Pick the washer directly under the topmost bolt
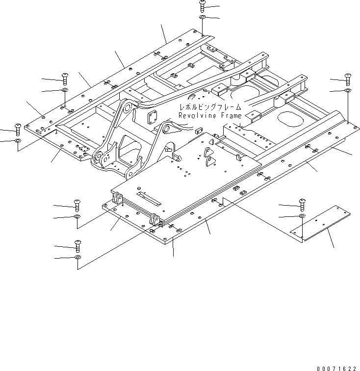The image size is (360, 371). pyautogui.click(x=203, y=18)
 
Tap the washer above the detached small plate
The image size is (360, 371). pyautogui.click(x=302, y=216)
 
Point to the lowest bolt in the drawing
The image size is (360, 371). pyautogui.click(x=77, y=244)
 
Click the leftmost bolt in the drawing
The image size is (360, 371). pyautogui.click(x=18, y=129)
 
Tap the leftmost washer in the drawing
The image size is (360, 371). pyautogui.click(x=18, y=141)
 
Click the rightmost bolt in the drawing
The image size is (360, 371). pyautogui.click(x=348, y=78)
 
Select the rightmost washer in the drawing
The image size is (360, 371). pyautogui.click(x=348, y=90)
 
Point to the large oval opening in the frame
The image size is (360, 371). pyautogui.click(x=290, y=119)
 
